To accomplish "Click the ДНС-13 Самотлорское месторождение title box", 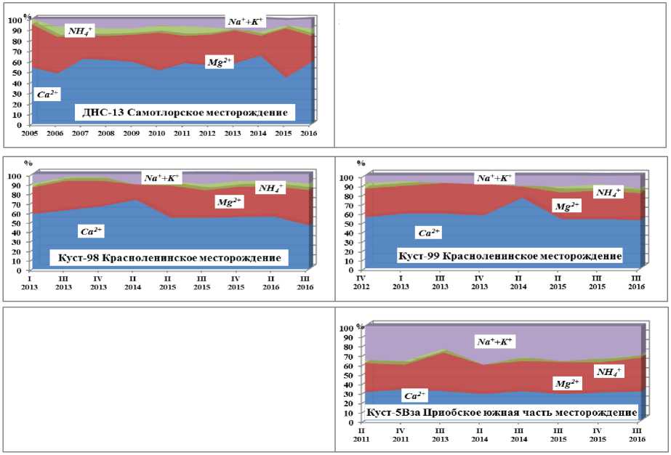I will pyautogui.click(x=185, y=112).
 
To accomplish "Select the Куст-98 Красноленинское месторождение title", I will pyautogui.click(x=169, y=258).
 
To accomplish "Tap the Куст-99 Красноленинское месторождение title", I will pyautogui.click(x=509, y=256).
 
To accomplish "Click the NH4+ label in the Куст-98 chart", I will pyautogui.click(x=271, y=188).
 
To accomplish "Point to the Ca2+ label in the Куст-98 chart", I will pyautogui.click(x=92, y=230).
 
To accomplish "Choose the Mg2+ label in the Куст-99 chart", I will pyautogui.click(x=568, y=207).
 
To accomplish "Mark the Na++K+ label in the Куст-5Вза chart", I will pyautogui.click(x=494, y=341).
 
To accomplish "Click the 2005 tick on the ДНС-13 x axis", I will pyautogui.click(x=29, y=134).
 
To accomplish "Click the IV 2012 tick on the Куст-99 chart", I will pyautogui.click(x=362, y=283).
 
